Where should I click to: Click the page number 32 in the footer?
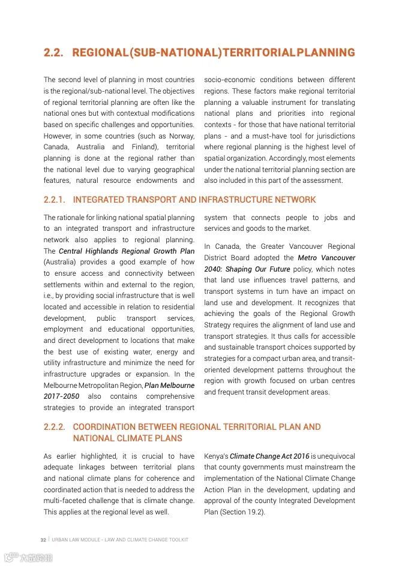[43, 540]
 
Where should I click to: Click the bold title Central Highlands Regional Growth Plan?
[127, 251]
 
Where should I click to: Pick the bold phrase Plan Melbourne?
[169, 386]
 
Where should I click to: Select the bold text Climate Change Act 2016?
[269, 456]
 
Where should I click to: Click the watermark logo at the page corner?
[27, 558]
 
